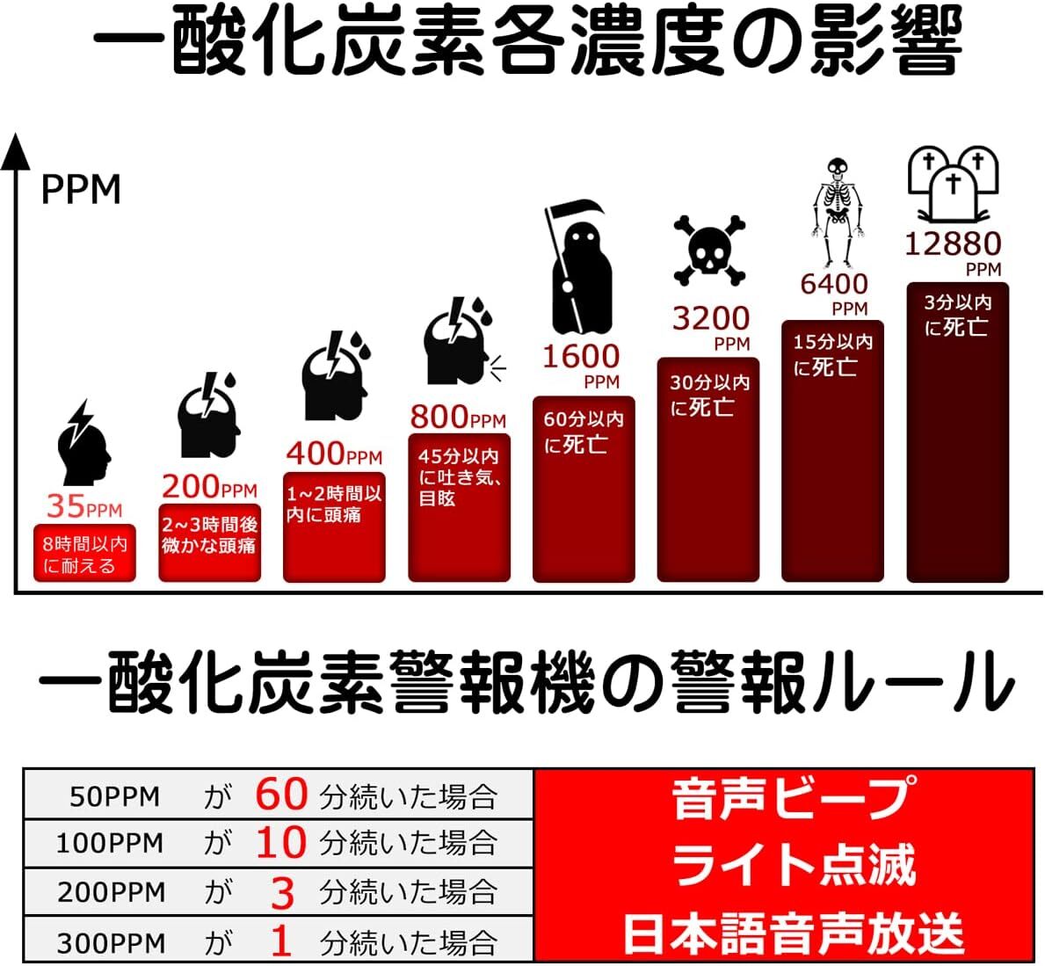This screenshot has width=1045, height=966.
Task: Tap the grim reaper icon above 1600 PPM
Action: tap(577, 267)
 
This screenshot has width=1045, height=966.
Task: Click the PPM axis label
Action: tap(81, 190)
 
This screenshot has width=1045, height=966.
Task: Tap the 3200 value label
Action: tap(711, 318)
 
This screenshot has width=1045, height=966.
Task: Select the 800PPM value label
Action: tap(458, 417)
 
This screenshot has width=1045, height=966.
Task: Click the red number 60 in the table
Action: tap(281, 795)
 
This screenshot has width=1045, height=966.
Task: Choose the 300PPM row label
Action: tap(111, 943)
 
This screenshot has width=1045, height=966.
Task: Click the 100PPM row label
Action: tap(110, 844)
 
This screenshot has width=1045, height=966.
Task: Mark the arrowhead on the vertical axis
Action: tap(15, 151)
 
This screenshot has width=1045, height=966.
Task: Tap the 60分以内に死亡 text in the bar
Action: tap(583, 432)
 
